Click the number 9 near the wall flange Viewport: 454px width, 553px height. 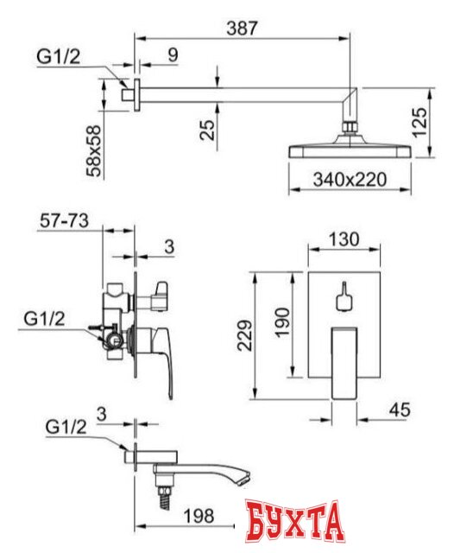tap(173, 54)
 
